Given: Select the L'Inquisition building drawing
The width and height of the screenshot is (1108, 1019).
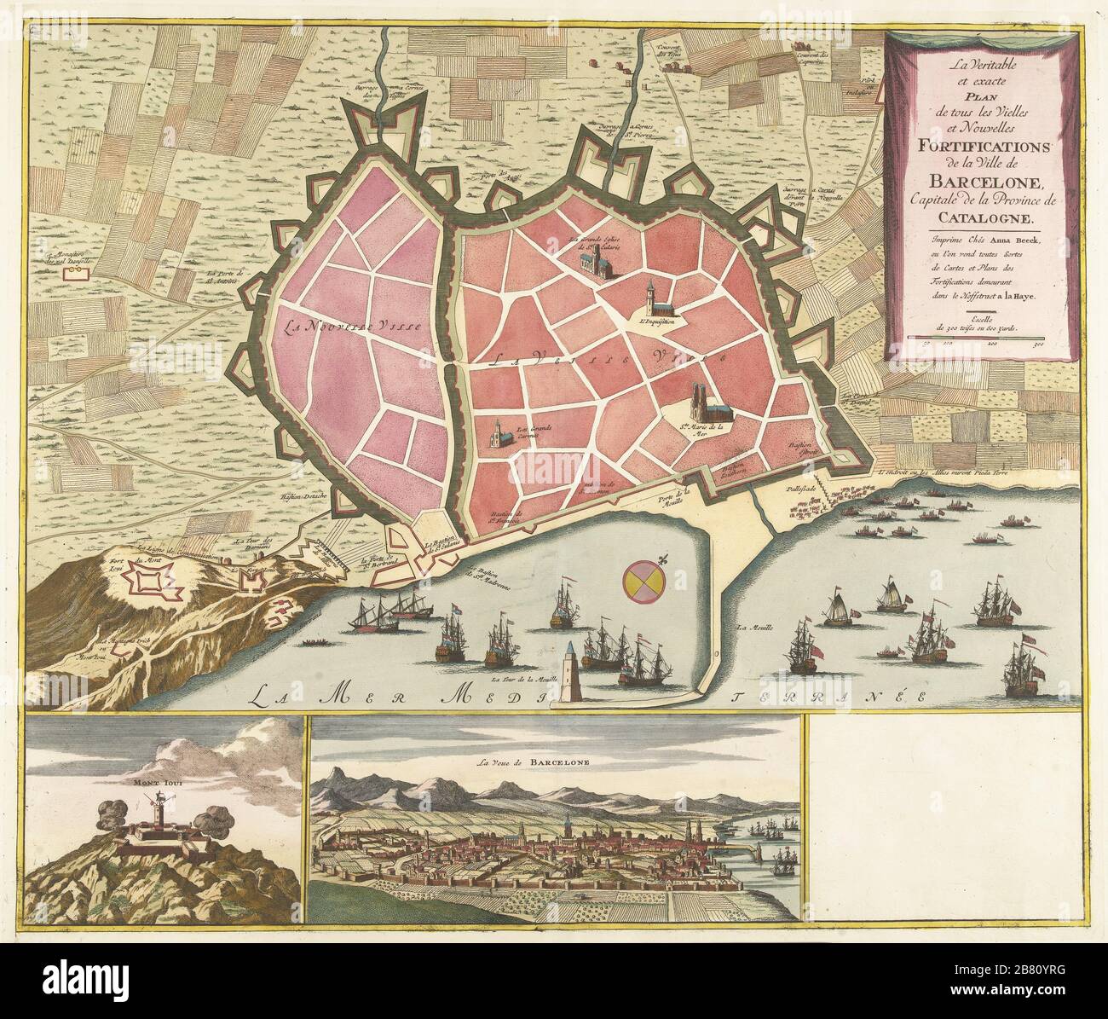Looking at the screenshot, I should click(655, 298).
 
